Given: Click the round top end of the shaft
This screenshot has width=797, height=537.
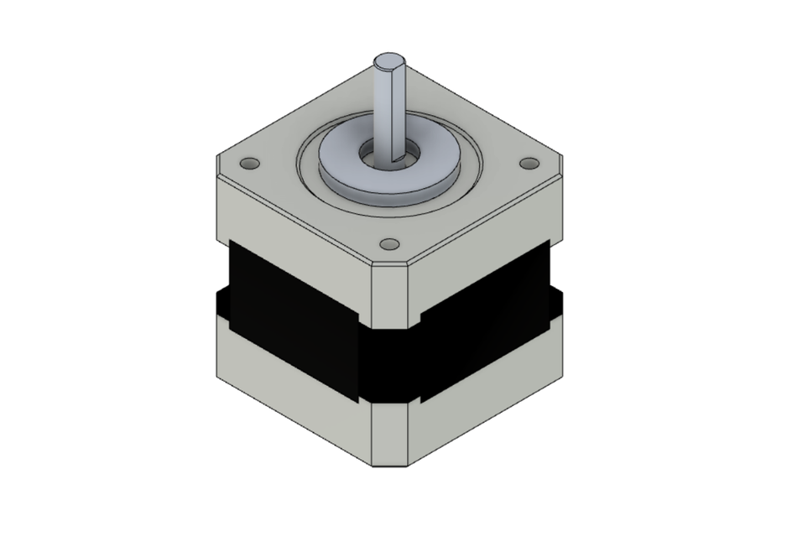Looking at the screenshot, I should coord(389,61).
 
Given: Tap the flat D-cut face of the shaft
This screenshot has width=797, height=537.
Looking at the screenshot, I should coord(399,109).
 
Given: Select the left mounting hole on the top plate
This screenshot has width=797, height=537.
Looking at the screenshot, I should coord(249,162).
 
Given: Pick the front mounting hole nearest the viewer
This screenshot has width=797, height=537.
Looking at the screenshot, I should coord(388,243).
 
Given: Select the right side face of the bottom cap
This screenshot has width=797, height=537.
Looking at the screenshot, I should coord(487,386).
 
